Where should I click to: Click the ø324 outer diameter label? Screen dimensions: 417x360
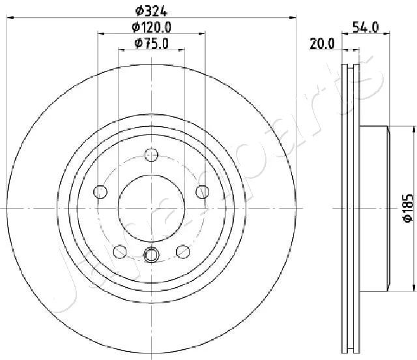coord(151,11)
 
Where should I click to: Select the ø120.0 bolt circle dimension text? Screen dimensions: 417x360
coord(151,27)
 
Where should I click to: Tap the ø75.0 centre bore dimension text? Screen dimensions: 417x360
coord(151,43)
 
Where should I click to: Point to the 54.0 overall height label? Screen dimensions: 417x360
coord(366,27)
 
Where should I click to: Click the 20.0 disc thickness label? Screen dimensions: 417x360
coord(322,44)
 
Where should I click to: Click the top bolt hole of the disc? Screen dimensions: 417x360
coord(151,155)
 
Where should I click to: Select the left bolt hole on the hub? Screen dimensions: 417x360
coord(100,192)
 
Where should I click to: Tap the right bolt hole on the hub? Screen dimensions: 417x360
coord(203,192)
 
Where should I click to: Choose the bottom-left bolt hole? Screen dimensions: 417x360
coord(120,252)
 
